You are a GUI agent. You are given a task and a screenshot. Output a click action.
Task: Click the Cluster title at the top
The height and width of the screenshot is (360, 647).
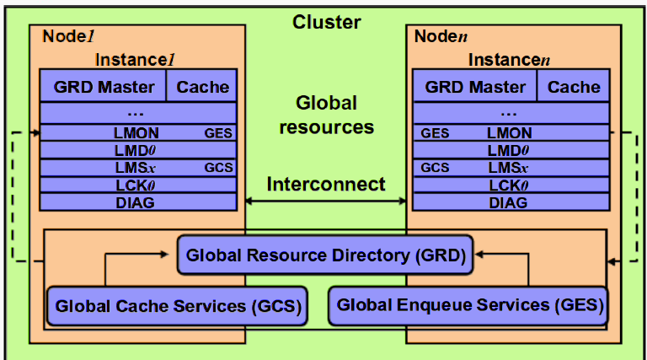[326, 22]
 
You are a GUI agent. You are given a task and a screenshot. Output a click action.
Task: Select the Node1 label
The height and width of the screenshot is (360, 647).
[68, 36]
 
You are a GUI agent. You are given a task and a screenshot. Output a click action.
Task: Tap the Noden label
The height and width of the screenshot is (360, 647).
[441, 36]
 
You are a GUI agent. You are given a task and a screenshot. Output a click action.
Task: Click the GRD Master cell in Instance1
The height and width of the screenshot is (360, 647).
[103, 86]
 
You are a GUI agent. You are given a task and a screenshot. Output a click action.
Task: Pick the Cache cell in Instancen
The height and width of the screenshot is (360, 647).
[574, 86]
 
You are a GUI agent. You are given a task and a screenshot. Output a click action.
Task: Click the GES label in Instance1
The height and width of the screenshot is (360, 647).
[218, 133]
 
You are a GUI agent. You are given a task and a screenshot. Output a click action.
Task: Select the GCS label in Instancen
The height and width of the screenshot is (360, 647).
[435, 168]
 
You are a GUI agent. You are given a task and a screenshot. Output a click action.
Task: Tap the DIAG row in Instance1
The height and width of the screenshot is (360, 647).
[138, 202]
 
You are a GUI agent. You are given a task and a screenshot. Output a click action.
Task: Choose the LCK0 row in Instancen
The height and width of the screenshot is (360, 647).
[511, 185]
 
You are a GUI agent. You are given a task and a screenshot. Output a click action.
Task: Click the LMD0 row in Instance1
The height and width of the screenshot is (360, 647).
[138, 150]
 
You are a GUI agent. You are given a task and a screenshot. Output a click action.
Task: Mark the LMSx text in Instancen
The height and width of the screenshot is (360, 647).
[508, 168]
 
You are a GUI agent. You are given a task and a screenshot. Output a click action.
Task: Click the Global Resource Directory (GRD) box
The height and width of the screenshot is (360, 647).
[325, 255]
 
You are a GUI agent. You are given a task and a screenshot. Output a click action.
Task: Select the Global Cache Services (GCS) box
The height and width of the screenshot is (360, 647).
[178, 306]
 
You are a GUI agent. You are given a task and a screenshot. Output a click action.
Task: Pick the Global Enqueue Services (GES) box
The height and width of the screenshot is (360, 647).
[468, 305]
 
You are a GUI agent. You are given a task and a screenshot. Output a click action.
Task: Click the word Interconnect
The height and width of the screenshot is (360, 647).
[326, 184]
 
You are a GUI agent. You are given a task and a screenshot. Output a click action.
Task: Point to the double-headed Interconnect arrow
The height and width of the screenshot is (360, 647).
[326, 201]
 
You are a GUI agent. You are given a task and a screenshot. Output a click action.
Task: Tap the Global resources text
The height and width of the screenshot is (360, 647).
[326, 115]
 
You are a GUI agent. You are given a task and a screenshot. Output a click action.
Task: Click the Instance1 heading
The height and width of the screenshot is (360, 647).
[135, 60]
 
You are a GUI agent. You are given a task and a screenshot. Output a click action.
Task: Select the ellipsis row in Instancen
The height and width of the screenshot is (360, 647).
[511, 113]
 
